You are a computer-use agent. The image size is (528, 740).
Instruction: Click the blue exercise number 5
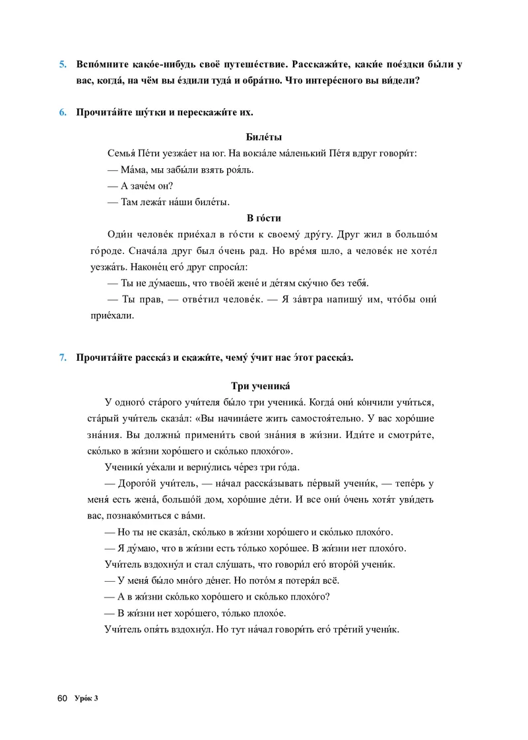(x=63, y=65)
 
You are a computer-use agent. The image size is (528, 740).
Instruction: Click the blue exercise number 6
(x=63, y=112)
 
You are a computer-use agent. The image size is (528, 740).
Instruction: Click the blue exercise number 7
(x=63, y=358)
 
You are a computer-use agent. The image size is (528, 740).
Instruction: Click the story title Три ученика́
(x=261, y=386)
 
